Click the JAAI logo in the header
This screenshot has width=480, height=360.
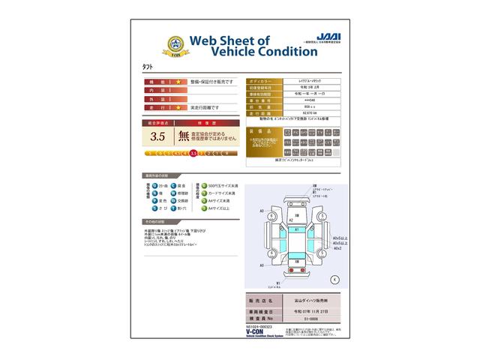click(322, 35)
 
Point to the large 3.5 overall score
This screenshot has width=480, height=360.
click(157, 136)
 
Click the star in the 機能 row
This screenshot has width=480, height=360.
click(178, 80)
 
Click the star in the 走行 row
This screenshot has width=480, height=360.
click(178, 107)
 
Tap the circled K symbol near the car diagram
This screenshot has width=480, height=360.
click(334, 278)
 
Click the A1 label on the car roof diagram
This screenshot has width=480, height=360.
click(298, 229)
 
